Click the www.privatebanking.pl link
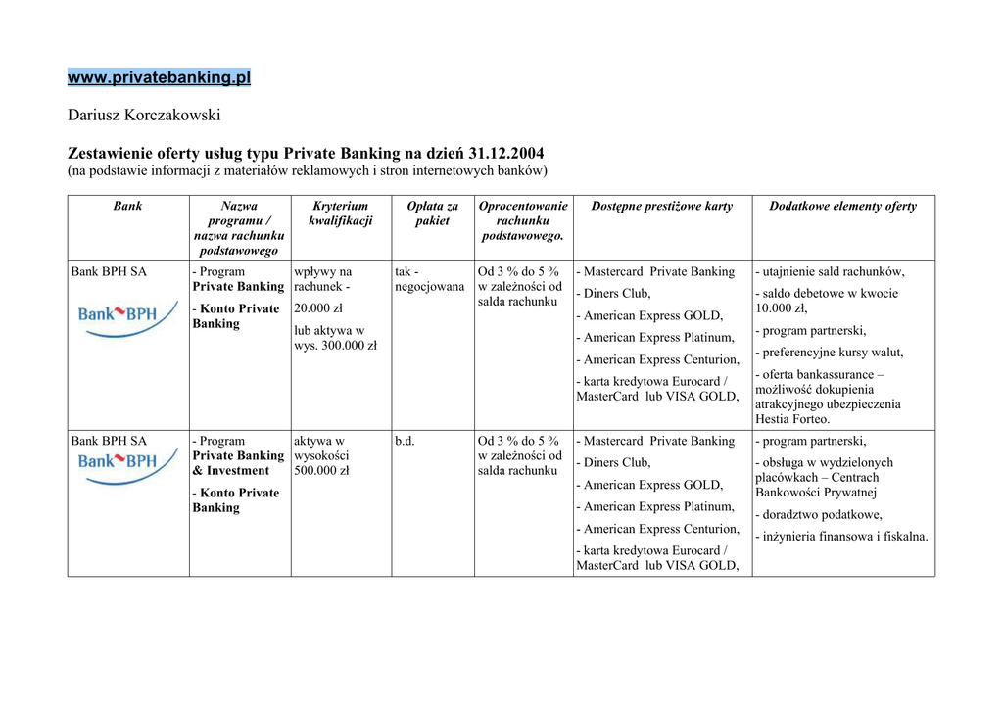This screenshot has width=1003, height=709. tap(159, 77)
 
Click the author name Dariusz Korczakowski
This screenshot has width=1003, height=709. tap(144, 116)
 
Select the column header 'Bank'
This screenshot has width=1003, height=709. tap(127, 207)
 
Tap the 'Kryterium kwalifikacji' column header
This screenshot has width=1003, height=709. tap(340, 213)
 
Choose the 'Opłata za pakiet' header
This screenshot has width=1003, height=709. tap(432, 213)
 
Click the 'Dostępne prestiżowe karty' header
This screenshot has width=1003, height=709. tap(661, 207)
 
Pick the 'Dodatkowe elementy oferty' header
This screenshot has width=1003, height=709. tap(842, 207)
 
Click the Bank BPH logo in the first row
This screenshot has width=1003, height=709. tap(117, 318)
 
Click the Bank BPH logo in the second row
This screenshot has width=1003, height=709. tap(117, 465)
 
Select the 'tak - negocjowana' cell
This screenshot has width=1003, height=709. tap(429, 279)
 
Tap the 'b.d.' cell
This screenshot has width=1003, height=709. tap(405, 442)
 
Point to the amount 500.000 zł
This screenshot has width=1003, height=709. tap(321, 471)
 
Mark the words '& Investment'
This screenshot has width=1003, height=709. tap(230, 471)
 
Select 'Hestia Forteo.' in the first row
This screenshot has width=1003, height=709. tap(792, 419)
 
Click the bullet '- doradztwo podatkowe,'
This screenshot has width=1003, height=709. tap(819, 515)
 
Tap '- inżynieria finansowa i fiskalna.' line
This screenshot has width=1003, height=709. tap(841, 537)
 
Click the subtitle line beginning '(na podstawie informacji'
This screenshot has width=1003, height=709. tap(307, 171)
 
